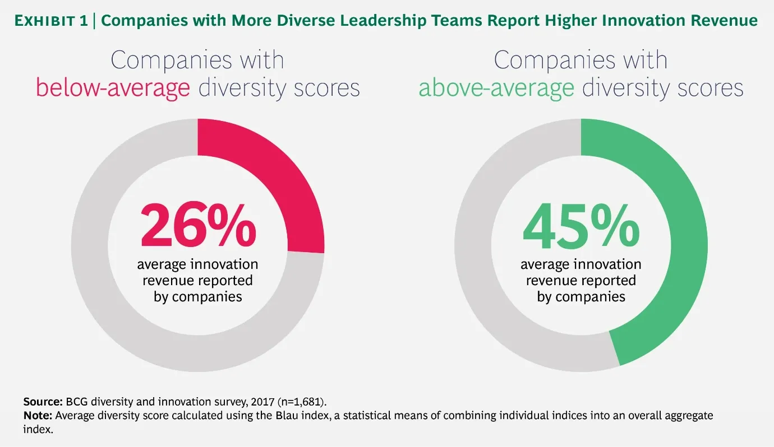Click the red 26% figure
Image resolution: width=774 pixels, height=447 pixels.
197,226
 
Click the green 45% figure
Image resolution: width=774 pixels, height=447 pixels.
580,226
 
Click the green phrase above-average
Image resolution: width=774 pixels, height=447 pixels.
496,89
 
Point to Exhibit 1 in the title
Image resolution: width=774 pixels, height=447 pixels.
53,21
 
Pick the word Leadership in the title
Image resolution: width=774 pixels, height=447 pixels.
372,21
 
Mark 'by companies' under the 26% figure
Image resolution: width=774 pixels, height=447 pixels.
197,296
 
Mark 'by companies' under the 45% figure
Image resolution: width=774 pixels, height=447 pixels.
580,296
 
